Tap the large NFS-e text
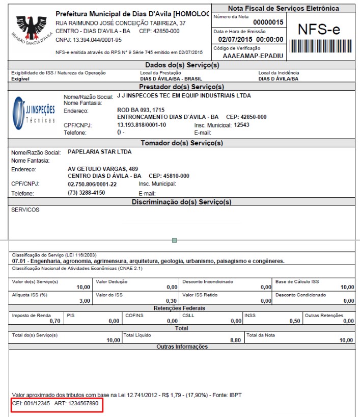tap(319, 30)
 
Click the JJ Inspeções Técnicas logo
tap(34, 113)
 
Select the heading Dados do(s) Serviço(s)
tap(182, 65)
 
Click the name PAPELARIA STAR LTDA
tap(99, 152)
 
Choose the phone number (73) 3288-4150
tap(87, 193)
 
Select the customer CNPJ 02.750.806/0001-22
tap(92, 184)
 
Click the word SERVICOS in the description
tap(25, 210)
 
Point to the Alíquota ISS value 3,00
tap(84, 301)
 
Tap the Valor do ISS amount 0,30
tap(172, 301)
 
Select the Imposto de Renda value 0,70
tap(54, 321)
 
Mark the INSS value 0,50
tap(294, 321)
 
